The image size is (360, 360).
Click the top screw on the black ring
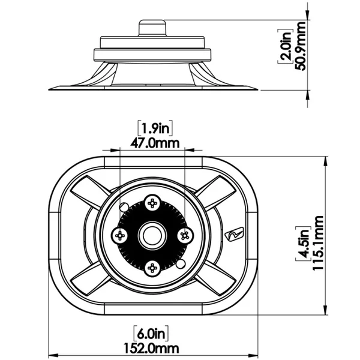[153, 203]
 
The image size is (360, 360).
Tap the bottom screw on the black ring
[153, 268]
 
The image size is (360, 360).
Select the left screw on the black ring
[121, 235]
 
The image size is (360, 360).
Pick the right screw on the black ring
[185, 235]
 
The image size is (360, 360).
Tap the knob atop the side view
[152, 29]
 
